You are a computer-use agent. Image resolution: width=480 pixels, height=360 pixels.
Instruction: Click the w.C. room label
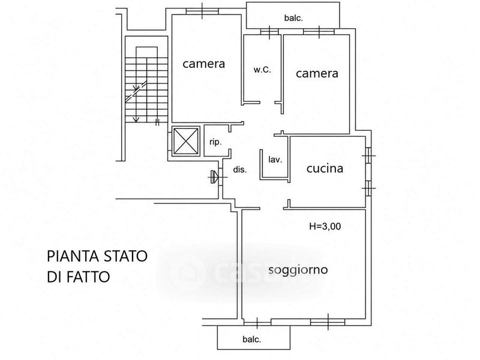(262, 70)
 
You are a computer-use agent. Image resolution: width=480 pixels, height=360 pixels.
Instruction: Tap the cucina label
(325, 169)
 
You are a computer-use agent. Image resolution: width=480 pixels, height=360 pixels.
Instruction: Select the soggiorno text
(298, 270)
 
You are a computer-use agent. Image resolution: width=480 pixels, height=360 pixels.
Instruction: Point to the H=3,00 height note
(325, 226)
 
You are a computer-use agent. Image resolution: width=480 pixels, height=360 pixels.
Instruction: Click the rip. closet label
(215, 142)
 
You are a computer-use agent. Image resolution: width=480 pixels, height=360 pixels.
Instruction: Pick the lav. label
(275, 160)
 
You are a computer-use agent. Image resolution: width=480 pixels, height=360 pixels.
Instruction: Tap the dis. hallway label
(240, 170)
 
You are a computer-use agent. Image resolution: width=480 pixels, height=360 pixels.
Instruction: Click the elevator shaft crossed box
(186, 141)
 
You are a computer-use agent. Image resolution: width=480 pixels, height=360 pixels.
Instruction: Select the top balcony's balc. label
(293, 18)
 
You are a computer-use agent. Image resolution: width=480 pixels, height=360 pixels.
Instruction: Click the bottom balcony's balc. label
(252, 339)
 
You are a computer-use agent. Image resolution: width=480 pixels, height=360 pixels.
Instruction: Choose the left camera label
(203, 64)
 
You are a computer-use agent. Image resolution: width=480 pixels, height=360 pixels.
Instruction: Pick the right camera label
(317, 73)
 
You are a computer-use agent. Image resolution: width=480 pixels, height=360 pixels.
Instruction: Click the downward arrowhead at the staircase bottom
(136, 119)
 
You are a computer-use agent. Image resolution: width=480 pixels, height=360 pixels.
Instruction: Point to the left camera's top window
(202, 11)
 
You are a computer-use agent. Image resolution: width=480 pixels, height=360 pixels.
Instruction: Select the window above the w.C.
(269, 32)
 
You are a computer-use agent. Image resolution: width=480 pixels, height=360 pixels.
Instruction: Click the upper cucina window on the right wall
(369, 156)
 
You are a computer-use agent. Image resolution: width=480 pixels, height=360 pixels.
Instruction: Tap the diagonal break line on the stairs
(136, 91)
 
